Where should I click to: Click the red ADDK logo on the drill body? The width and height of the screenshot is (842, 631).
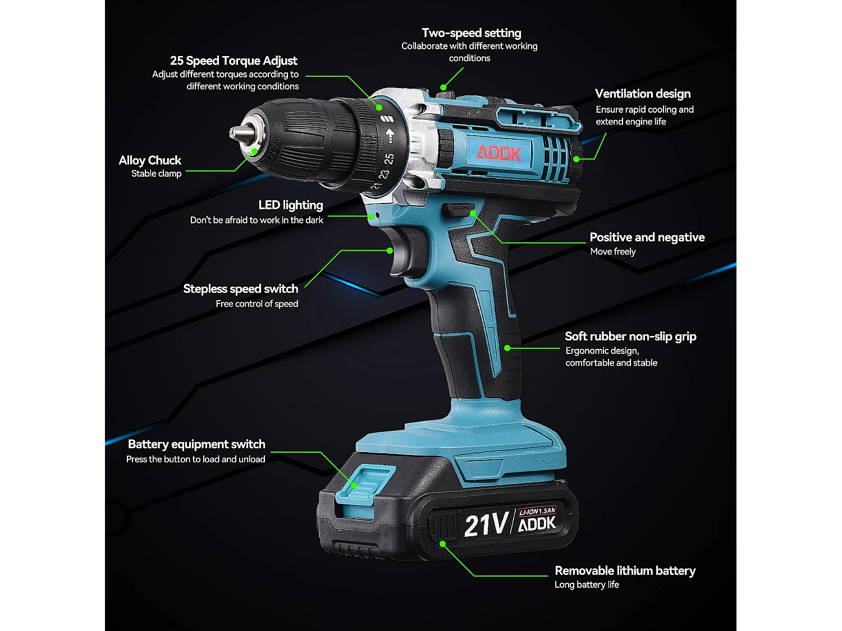point(499,153)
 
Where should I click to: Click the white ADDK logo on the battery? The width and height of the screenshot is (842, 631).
point(537,524)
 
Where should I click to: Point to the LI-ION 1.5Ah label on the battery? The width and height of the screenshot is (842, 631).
point(537,511)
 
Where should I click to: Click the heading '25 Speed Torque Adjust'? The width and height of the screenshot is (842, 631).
point(234,61)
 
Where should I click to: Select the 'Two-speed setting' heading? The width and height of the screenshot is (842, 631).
point(472,33)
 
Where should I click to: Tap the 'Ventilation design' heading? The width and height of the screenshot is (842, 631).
point(643,94)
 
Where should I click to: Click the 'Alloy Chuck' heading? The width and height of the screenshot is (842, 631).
point(150,160)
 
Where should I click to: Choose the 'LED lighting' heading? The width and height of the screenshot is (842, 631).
point(291,205)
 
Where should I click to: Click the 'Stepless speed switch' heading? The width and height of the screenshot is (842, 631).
point(240,289)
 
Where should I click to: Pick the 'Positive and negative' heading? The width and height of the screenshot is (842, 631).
point(647,237)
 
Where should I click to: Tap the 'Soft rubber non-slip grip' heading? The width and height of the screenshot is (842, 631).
point(630,337)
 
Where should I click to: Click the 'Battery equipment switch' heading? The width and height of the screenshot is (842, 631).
point(196,444)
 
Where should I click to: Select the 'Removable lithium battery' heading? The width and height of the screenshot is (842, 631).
point(625,571)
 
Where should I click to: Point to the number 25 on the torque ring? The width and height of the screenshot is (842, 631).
point(389,159)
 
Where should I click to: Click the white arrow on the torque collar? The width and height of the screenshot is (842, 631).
point(390,136)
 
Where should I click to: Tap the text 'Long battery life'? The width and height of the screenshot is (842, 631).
point(587,584)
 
